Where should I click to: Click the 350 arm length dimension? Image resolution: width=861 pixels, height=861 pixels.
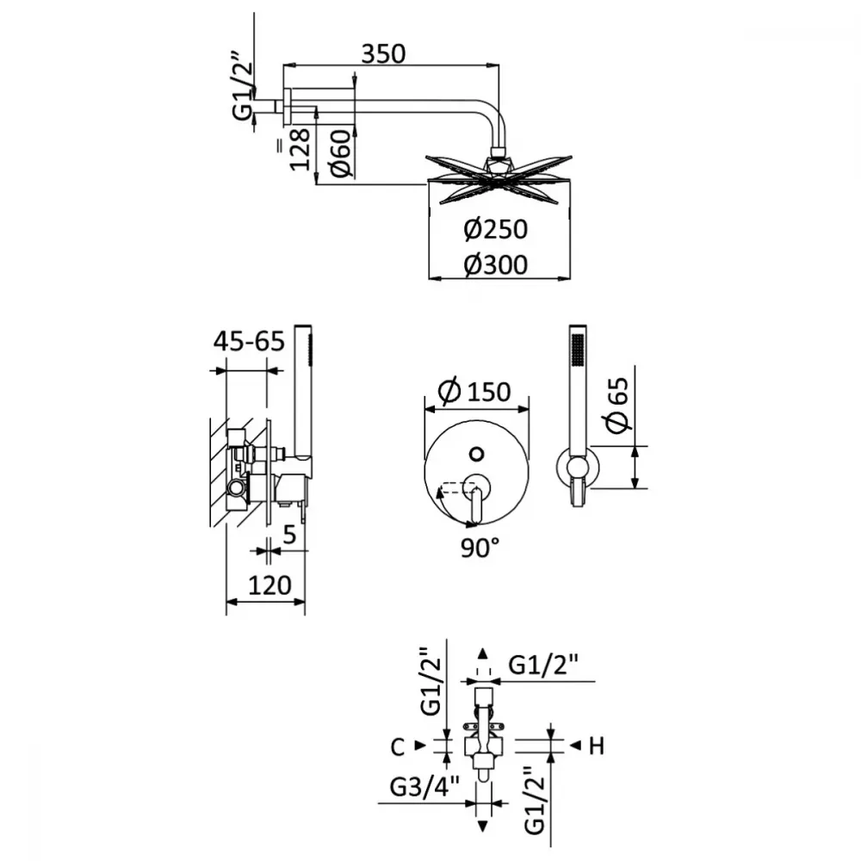(383, 53)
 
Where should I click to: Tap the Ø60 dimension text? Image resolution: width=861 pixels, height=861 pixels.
(341, 153)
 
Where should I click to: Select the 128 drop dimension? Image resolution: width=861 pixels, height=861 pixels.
(300, 149)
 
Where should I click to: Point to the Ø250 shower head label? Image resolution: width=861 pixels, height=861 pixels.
(495, 229)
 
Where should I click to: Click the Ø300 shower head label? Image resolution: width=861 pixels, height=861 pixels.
(495, 264)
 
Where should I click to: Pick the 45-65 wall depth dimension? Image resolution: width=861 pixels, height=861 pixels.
(250, 341)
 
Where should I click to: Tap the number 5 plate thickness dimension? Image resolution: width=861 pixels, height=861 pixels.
(289, 535)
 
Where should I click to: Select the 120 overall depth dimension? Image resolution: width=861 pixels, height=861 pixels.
(269, 585)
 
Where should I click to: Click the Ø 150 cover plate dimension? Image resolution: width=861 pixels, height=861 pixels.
(475, 391)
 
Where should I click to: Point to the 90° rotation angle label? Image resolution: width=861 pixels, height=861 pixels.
(480, 548)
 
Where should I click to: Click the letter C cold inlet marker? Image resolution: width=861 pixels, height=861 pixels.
(398, 746)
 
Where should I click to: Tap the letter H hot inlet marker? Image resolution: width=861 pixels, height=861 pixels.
(597, 746)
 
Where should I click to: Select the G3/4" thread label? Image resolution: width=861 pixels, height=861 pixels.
(424, 788)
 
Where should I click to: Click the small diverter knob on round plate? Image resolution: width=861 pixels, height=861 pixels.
(477, 454)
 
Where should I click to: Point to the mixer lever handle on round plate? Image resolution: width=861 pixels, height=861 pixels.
(476, 501)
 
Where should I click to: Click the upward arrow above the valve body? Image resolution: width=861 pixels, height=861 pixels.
(483, 653)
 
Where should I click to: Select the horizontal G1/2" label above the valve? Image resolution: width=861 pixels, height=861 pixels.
(543, 666)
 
